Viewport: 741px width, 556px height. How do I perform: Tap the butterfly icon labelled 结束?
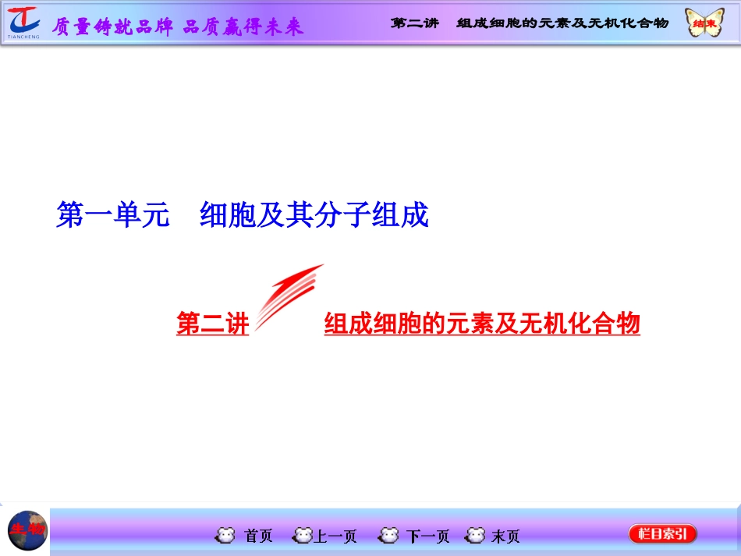tap(703, 23)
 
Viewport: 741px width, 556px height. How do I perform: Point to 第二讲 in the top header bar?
tap(414, 23)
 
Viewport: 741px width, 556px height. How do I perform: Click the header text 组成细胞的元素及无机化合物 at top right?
tap(562, 23)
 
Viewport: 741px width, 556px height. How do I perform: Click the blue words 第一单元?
tap(113, 215)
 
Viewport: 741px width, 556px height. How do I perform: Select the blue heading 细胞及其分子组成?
tap(314, 215)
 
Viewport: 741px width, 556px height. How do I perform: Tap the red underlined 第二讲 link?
tap(212, 323)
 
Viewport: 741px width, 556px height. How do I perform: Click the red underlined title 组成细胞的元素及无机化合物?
tap(482, 323)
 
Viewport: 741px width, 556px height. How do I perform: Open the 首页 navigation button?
tap(258, 536)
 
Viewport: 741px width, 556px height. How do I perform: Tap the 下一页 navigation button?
tap(427, 536)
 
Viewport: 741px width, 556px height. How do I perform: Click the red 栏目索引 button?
tap(662, 534)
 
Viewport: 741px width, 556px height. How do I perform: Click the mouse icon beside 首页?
tap(225, 536)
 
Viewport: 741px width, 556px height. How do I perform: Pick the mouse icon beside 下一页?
tap(388, 536)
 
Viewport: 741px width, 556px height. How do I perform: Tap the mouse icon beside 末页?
tap(475, 536)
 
